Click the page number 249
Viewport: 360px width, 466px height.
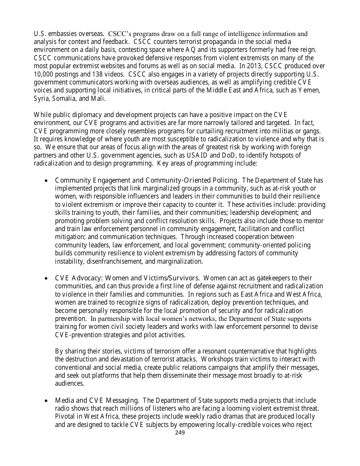(x=180, y=432)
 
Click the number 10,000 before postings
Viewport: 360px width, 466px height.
(x=44, y=74)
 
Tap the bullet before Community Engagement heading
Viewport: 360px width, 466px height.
(x=46, y=180)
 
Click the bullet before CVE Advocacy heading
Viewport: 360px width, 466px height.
(x=46, y=278)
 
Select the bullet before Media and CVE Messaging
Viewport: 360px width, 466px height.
(x=46, y=400)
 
